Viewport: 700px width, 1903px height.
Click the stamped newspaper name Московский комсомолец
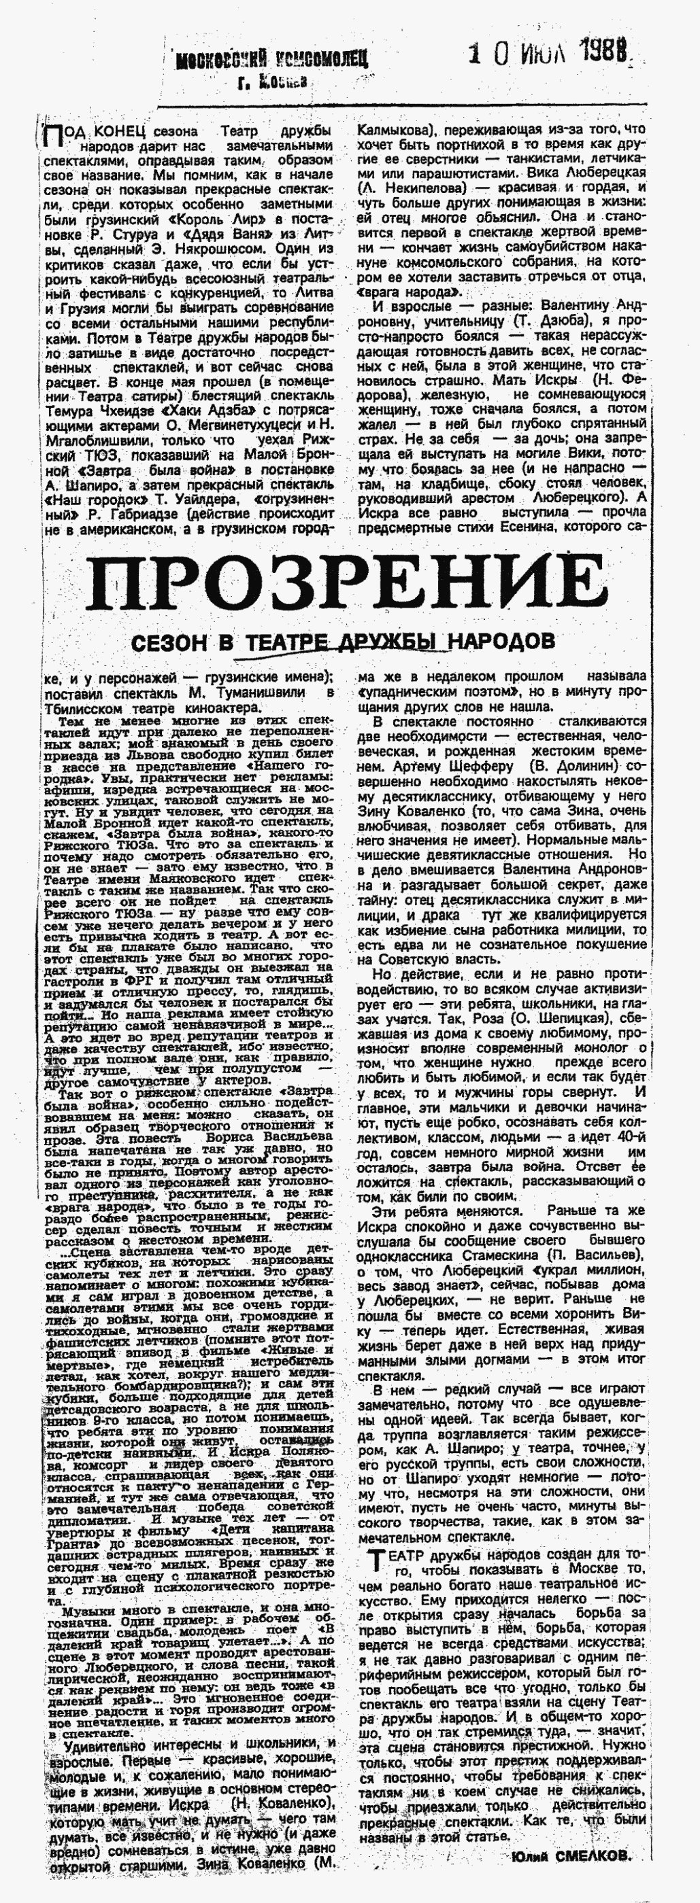pyautogui.click(x=271, y=59)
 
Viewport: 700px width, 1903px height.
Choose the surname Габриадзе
pyautogui.click(x=148, y=515)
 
